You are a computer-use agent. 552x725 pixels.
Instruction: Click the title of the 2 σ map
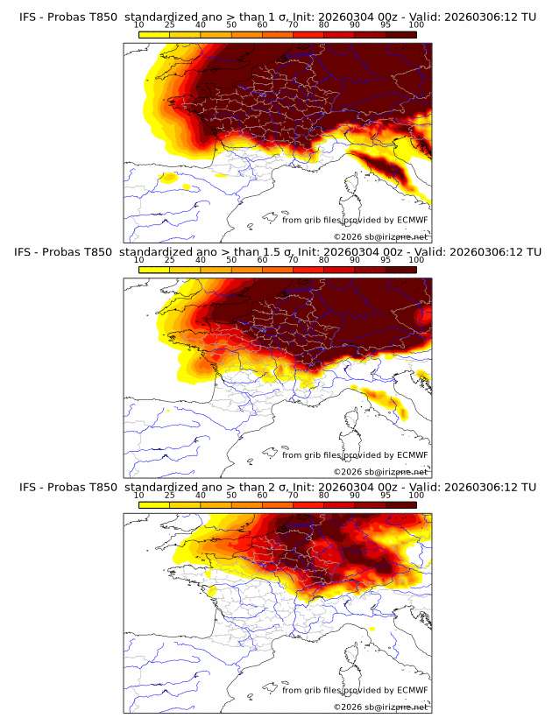pos(277,487)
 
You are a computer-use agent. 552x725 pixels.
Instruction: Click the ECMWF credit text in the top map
pos(354,220)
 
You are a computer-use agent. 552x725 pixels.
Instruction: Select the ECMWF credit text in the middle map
pos(354,455)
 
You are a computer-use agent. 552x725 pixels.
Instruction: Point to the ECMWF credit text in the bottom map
pos(354,690)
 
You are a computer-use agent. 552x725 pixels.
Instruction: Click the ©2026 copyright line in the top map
pos(380,236)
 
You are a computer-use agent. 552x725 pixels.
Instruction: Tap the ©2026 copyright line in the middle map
pos(380,472)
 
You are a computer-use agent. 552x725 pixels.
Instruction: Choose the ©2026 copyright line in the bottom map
pos(380,707)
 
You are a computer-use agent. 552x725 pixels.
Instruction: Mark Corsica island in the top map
pos(353,185)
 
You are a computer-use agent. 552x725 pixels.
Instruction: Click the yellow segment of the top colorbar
pos(154,34)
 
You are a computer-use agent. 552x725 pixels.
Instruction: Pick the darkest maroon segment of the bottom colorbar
pos(400,505)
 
